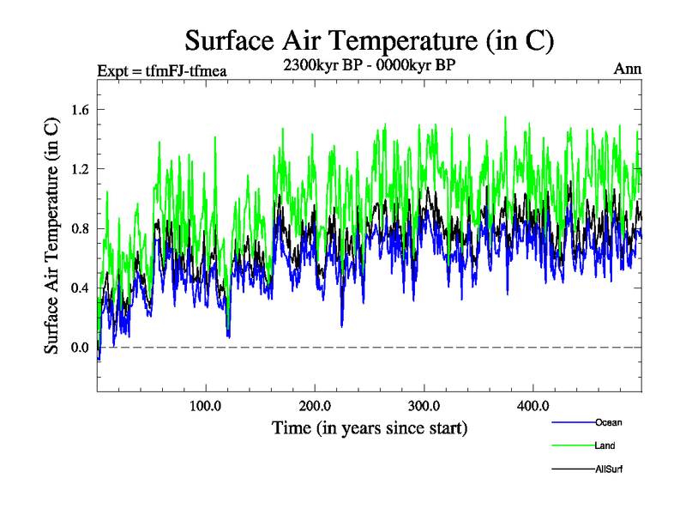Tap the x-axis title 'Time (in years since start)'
[370, 427]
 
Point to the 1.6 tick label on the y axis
[81, 110]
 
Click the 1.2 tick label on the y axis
[81, 169]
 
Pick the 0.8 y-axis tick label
[81, 228]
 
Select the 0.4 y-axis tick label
[81, 288]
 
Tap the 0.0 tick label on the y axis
[81, 348]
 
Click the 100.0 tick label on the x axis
[206, 406]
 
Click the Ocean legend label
[609, 422]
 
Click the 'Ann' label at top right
[628, 69]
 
